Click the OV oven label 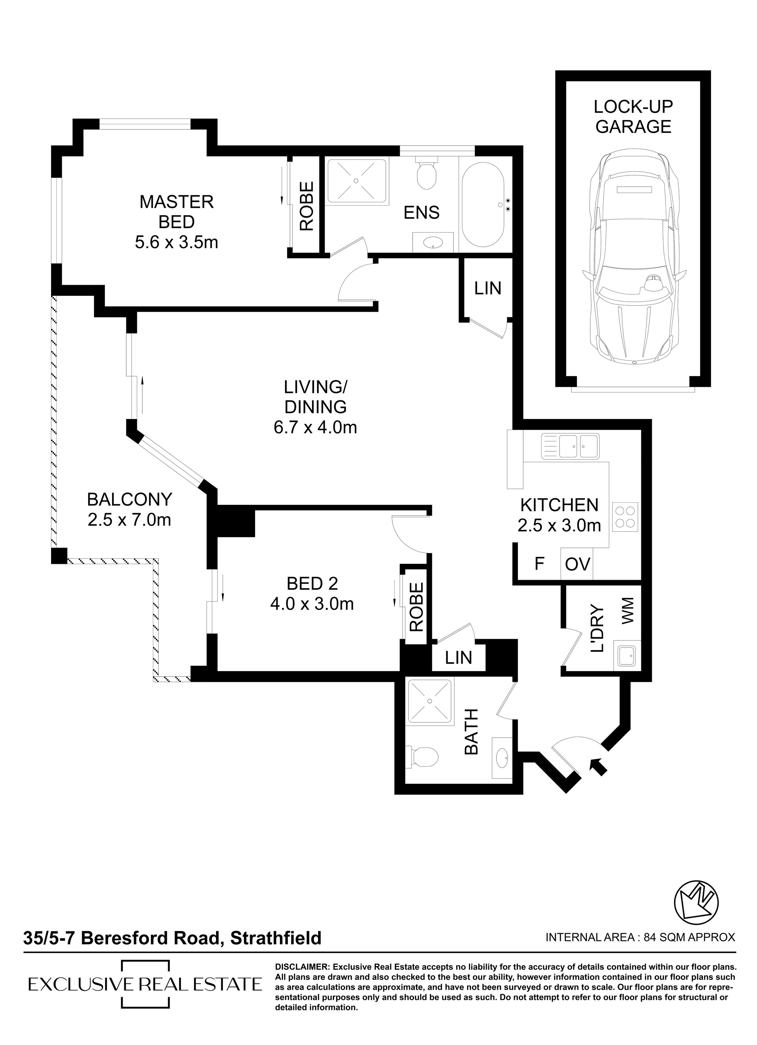578,564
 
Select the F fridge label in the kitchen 539,564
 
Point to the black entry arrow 598,766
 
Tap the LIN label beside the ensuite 488,288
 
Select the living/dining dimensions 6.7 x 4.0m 315,427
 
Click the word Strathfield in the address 275,938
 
